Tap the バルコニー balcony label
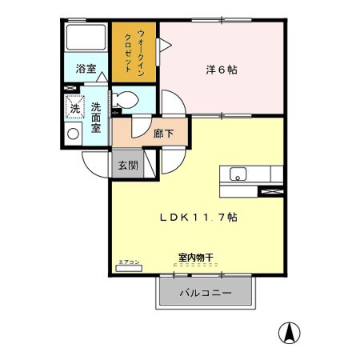[x=205, y=294]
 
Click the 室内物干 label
[x=194, y=258]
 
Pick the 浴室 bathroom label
[x=85, y=70]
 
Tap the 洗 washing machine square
[x=74, y=106]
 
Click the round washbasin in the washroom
[x=74, y=134]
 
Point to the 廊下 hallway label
[x=163, y=134]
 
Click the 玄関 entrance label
[x=128, y=166]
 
